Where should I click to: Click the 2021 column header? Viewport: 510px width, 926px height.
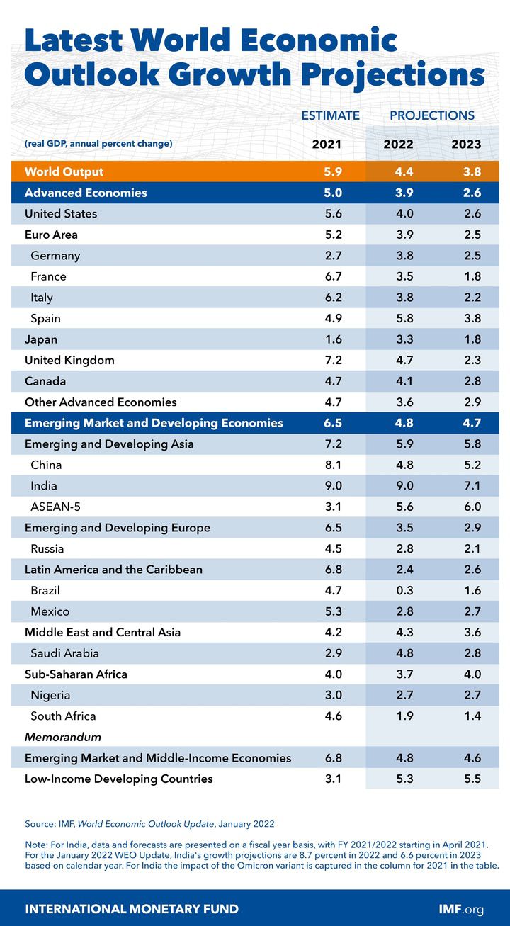pyautogui.click(x=327, y=145)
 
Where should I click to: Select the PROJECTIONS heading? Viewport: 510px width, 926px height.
pyautogui.click(x=432, y=115)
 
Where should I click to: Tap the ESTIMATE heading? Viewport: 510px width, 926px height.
pyautogui.click(x=331, y=115)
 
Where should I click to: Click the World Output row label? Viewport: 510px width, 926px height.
pyautogui.click(x=64, y=171)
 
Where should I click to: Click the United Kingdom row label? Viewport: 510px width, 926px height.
pyautogui.click(x=69, y=361)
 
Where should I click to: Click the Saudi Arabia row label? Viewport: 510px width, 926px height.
pyautogui.click(x=64, y=653)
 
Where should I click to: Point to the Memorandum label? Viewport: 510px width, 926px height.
pyautogui.click(x=63, y=737)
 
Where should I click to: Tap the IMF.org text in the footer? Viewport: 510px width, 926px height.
pyautogui.click(x=461, y=908)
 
